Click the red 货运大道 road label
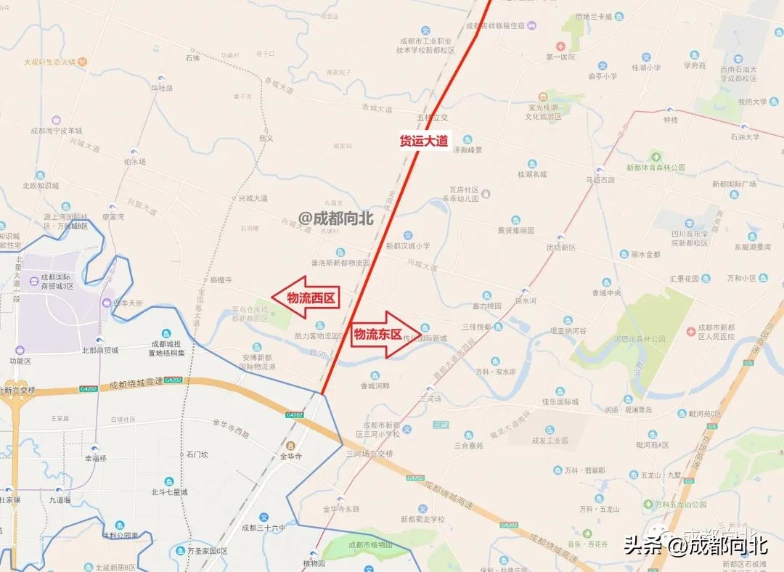click(x=424, y=141)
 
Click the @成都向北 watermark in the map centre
click(x=335, y=218)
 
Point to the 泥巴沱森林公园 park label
click(x=640, y=338)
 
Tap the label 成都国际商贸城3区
click(x=57, y=282)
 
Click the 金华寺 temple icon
click(x=290, y=445)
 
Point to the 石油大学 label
click(x=744, y=136)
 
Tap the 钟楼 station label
click(x=670, y=120)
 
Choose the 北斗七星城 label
click(x=168, y=491)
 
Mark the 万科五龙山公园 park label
click(x=680, y=504)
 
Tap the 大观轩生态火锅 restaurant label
click(x=49, y=62)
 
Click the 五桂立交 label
click(x=433, y=117)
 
